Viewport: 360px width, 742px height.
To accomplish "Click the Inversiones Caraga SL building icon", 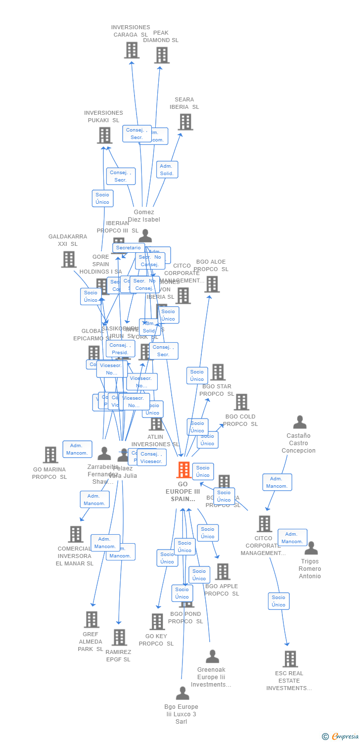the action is click(132, 50).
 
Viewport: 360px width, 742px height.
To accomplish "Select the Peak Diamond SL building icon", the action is click(162, 55).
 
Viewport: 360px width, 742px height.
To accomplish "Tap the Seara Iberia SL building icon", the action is click(185, 122).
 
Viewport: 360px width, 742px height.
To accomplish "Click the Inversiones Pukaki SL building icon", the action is click(104, 135).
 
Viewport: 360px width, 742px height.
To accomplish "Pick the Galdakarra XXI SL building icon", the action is click(69, 259).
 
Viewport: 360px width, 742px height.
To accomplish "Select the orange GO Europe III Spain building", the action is click(183, 470).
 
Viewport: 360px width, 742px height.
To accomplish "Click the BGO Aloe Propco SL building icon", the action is click(212, 284).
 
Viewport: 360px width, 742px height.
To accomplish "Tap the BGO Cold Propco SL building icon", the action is click(241, 402).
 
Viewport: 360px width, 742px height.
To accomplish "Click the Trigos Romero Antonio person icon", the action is click(311, 548).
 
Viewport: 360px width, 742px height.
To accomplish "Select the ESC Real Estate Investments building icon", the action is click(290, 659).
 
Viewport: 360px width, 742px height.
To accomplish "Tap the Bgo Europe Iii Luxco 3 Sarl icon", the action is click(182, 693).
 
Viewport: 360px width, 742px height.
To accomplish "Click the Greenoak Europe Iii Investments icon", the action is click(212, 656).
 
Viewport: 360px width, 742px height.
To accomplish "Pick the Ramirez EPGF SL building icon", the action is click(119, 638).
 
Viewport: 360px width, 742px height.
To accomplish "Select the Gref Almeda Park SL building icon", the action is click(91, 619).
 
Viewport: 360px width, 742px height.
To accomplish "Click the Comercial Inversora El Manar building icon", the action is click(75, 534).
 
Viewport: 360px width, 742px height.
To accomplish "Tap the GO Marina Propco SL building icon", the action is click(50, 455).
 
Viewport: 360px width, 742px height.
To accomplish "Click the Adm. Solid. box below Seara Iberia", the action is click(167, 170).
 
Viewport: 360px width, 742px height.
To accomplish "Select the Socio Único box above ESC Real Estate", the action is click(278, 601).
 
